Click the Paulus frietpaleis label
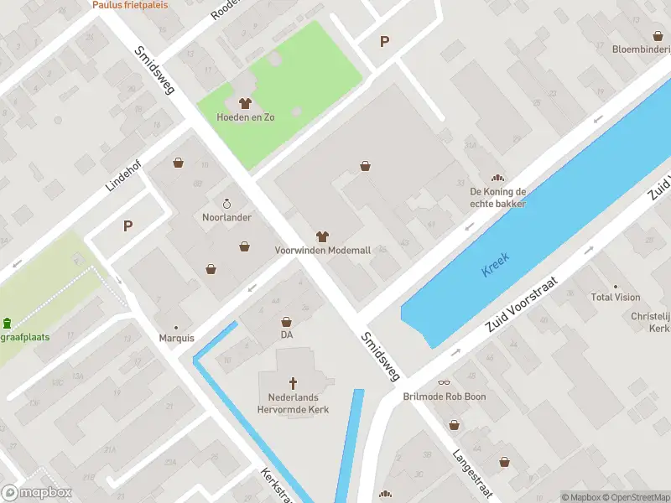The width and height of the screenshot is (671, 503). click(x=130, y=4)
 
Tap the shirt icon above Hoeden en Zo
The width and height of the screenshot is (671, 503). click(x=245, y=104)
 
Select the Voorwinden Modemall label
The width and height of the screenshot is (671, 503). click(x=322, y=250)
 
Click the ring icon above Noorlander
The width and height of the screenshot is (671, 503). click(x=226, y=204)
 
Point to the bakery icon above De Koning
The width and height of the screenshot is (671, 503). click(x=498, y=179)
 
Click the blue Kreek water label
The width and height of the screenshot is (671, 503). click(x=496, y=266)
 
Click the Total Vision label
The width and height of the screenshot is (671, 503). click(x=615, y=297)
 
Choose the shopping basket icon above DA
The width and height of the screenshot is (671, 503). click(x=287, y=322)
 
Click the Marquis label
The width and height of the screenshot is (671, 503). click(x=176, y=338)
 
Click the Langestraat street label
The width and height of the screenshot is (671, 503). click(x=471, y=474)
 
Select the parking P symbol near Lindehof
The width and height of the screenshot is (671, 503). click(x=127, y=226)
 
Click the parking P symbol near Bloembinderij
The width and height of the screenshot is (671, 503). click(x=385, y=41)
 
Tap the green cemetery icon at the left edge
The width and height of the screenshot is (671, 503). click(x=8, y=324)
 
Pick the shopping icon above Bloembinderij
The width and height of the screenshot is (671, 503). click(x=658, y=35)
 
